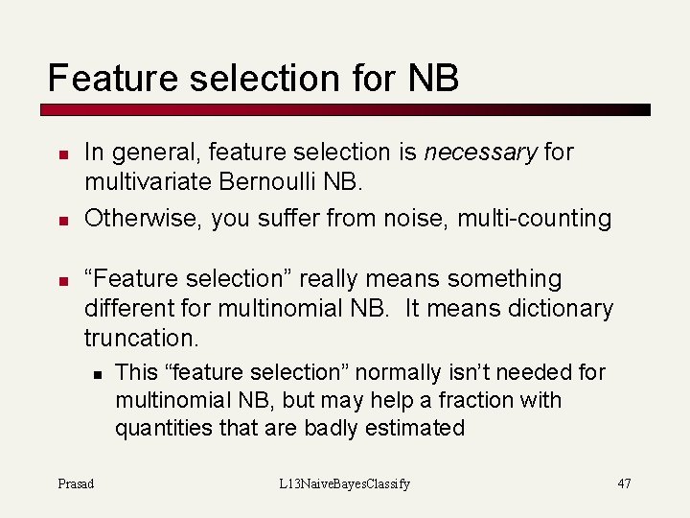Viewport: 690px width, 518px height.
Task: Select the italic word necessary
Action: point(480,152)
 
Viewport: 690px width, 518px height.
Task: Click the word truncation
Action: point(141,339)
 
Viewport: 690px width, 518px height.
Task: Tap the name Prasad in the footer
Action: point(76,483)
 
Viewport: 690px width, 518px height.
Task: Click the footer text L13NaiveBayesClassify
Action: point(344,483)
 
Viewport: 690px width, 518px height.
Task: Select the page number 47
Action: point(624,483)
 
